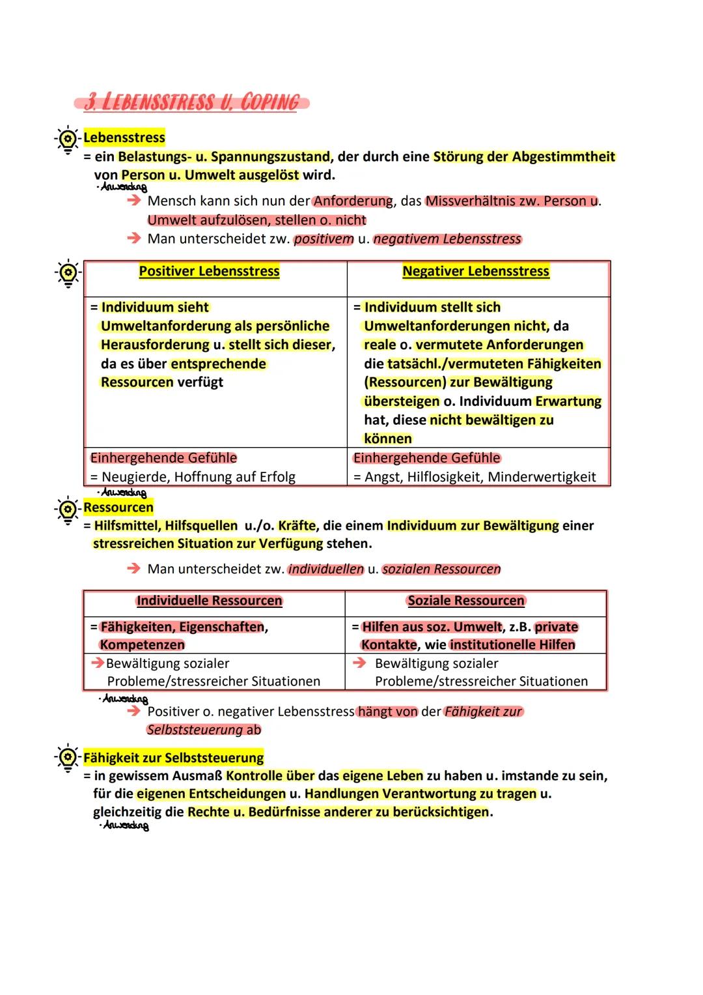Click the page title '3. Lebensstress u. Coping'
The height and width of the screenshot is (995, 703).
click(x=191, y=102)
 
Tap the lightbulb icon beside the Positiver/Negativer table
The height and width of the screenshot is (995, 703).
click(x=68, y=273)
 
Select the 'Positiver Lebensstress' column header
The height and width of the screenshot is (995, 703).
click(x=209, y=271)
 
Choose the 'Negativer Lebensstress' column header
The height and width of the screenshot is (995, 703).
click(x=475, y=271)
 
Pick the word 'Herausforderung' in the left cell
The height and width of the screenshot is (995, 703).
click(x=155, y=345)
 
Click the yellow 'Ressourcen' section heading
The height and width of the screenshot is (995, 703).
click(x=118, y=507)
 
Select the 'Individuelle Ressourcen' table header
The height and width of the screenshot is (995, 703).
click(x=209, y=601)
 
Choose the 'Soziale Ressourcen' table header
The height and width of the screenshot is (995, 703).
click(x=466, y=601)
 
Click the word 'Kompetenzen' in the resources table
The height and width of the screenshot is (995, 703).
click(x=143, y=644)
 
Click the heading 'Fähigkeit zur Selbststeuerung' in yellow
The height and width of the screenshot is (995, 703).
click(x=174, y=758)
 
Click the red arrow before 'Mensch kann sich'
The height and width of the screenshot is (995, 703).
click(x=133, y=201)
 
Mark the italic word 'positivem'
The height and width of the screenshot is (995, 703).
click(x=324, y=239)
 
